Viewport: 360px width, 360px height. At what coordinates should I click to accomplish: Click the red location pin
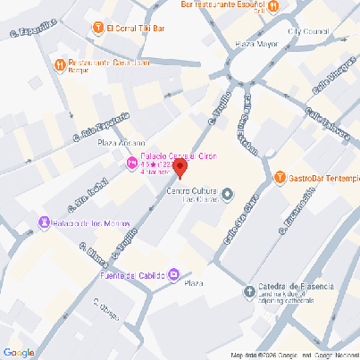coord(179,167)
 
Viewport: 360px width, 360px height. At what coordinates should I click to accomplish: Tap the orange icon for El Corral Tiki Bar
coord(97,28)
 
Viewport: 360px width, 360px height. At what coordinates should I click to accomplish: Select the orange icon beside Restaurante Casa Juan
coord(59,63)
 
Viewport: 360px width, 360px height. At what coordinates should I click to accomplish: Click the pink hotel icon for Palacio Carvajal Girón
coord(131,163)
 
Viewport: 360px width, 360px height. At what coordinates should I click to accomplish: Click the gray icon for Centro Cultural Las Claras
coord(227,194)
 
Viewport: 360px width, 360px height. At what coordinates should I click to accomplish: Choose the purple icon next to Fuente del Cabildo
coord(174,274)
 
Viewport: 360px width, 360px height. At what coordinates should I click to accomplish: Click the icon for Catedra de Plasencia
coord(249,290)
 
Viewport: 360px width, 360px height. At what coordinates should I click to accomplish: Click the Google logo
coord(19,352)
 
